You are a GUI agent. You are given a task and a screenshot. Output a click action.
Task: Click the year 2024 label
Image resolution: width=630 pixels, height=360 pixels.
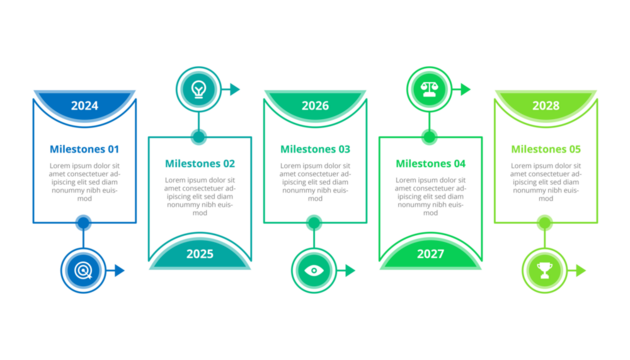[84, 106]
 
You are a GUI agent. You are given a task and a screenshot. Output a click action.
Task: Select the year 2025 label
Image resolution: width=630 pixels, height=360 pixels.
[200, 254]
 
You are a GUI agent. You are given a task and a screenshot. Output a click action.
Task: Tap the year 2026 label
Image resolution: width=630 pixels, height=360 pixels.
[315, 106]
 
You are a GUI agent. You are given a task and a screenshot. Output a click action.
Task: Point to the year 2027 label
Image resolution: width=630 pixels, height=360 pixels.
[430, 254]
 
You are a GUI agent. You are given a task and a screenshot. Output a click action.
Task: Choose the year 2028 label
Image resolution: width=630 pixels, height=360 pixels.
[545, 106]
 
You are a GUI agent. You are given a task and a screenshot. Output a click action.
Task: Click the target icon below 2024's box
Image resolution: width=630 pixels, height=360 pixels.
[83, 270]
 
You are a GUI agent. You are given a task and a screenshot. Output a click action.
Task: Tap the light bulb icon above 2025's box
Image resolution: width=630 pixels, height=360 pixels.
[198, 89]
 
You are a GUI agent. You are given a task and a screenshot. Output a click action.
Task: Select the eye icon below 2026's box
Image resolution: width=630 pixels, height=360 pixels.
[314, 270]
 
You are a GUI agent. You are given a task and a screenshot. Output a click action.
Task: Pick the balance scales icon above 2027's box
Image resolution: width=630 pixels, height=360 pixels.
[429, 89]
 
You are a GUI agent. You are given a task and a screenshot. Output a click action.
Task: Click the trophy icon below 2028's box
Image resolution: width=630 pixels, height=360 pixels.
[544, 270]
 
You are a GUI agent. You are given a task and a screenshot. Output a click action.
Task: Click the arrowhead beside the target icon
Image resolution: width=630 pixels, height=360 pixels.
[120, 270]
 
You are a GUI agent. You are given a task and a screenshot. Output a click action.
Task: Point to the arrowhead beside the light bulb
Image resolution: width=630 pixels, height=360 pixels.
[235, 89]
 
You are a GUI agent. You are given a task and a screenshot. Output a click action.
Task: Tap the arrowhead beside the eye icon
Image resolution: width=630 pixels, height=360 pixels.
[350, 270]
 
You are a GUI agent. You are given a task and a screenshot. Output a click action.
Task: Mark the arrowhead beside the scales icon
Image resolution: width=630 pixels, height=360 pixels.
[465, 89]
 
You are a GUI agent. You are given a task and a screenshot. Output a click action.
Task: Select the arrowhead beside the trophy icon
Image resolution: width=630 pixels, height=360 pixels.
[580, 270]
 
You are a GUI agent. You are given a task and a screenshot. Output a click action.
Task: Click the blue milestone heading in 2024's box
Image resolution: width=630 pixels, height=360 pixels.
[84, 149]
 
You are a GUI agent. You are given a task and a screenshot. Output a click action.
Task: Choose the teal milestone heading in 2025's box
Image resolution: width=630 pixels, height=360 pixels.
[200, 162]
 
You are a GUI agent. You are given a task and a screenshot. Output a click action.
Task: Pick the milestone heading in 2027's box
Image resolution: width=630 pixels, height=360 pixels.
[430, 162]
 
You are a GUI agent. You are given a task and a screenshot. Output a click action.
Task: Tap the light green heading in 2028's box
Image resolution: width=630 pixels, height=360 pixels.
[545, 149]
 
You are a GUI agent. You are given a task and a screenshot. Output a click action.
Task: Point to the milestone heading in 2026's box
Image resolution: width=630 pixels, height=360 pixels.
[315, 149]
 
